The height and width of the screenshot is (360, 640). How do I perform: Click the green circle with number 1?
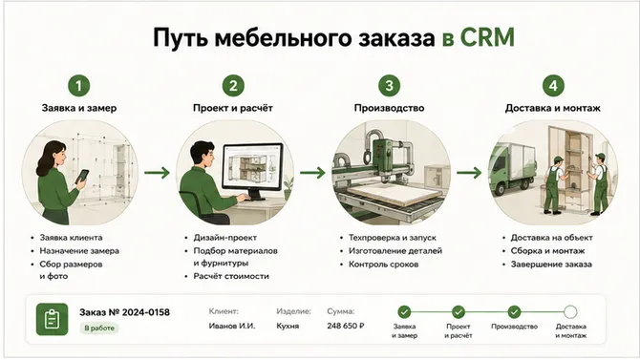coord(78,86)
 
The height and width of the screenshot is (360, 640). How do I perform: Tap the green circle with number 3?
coord(389,85)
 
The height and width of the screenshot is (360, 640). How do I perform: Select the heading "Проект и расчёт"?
coord(233,108)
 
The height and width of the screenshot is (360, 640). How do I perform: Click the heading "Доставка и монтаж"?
coord(553,108)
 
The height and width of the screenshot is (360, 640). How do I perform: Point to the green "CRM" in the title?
coord(487,38)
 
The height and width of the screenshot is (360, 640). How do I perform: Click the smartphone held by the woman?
coord(82,177)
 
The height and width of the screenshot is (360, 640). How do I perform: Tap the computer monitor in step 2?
coord(252,170)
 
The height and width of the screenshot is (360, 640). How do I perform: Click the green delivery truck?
coord(513,168)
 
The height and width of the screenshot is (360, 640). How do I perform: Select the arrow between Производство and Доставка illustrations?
coord(469,173)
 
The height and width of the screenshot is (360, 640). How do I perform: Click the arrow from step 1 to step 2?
coord(158,173)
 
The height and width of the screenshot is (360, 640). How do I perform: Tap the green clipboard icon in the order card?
coord(52,319)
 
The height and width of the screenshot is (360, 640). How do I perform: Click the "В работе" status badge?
coord(99,328)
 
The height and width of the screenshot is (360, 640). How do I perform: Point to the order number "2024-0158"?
coord(146,312)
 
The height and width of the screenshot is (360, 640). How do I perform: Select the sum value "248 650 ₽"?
coord(345,327)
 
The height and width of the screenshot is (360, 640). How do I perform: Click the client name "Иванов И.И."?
coord(232,327)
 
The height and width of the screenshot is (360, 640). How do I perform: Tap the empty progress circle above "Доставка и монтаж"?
coord(570,312)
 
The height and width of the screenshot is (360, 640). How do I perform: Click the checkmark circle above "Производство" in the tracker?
coord(514,312)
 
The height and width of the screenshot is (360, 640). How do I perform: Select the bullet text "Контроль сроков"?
coord(383,265)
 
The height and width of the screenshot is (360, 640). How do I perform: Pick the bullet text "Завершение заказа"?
coord(551,265)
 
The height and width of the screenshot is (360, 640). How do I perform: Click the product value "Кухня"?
coord(288,327)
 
